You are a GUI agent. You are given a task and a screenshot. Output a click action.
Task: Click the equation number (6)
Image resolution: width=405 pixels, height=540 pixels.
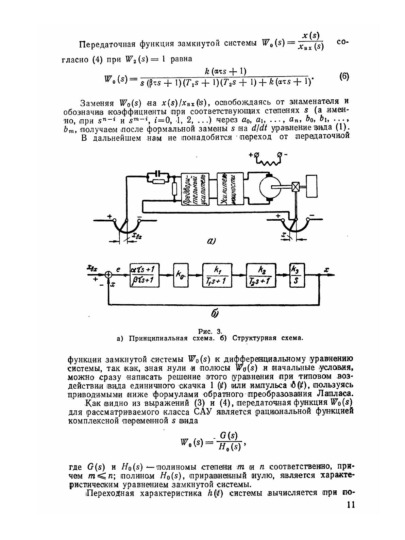[344, 76]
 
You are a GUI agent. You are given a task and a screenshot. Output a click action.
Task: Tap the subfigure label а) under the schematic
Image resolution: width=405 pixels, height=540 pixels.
[211, 241]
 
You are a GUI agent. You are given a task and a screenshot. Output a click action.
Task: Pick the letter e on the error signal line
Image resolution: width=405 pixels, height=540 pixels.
[119, 269]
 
